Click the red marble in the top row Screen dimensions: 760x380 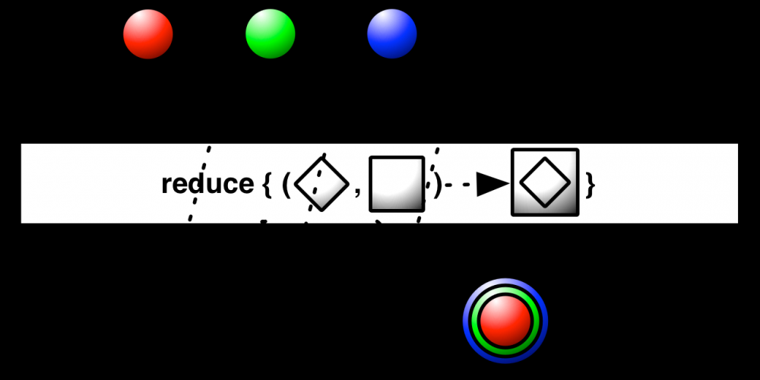click(148, 34)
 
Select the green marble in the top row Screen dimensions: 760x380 click(270, 34)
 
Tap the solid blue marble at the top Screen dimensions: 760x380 click(391, 34)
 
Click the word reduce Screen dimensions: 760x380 click(207, 184)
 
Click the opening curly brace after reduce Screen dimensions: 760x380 click(267, 185)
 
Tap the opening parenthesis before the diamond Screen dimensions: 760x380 click(286, 185)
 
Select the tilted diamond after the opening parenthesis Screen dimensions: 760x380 click(321, 184)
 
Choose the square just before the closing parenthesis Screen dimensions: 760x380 click(397, 184)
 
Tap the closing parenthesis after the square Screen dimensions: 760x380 click(437, 185)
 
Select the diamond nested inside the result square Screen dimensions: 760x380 click(545, 182)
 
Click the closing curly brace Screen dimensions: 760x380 click(590, 185)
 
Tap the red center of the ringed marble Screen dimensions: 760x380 click(505, 321)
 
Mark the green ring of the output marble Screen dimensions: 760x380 click(505, 290)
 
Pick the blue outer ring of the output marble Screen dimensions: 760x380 click(505, 282)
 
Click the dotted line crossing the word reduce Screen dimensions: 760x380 click(199, 184)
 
